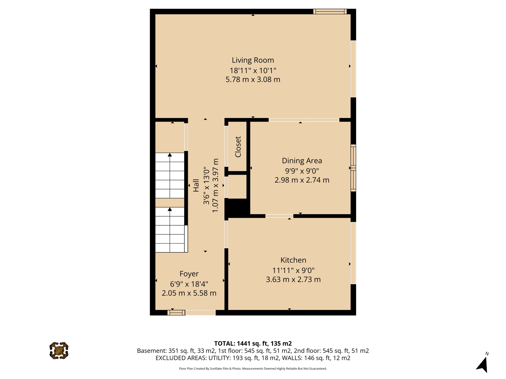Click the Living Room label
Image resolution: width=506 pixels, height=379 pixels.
(253, 60)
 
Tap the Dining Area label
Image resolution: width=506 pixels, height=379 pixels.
(302, 161)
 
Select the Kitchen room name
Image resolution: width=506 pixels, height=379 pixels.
(293, 260)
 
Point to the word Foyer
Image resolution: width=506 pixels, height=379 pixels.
(189, 274)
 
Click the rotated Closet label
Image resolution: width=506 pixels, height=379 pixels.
(238, 147)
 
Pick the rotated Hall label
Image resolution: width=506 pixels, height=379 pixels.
(196, 185)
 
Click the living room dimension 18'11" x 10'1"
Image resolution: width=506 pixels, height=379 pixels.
(253, 70)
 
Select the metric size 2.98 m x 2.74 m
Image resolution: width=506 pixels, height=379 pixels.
(302, 180)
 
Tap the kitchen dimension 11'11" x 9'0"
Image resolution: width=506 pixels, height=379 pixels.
(293, 271)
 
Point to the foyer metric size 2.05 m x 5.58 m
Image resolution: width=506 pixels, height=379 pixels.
(189, 293)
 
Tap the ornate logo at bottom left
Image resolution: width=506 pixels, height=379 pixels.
(59, 351)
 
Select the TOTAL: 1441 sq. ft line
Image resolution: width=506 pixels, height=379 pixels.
(253, 344)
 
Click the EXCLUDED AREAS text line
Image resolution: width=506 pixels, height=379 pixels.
(253, 358)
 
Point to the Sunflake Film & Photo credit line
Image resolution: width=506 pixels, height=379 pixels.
(253, 369)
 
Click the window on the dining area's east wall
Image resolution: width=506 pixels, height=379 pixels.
(353, 168)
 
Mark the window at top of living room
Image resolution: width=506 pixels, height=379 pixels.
(330, 12)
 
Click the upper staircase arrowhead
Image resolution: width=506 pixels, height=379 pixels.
(170, 155)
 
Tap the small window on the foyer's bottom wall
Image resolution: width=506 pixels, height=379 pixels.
(176, 313)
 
